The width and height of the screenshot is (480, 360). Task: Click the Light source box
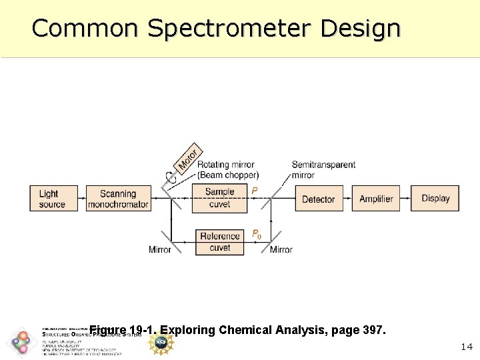point(53,199)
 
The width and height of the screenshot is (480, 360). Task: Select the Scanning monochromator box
point(119,199)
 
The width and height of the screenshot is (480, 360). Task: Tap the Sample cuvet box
point(219,198)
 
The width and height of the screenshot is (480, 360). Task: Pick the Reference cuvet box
point(220,241)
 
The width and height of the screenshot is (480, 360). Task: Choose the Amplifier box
point(376,199)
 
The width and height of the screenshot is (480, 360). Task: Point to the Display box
point(435,199)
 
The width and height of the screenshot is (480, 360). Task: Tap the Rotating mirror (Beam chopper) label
point(227,170)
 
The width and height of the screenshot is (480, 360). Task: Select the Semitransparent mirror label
point(323,170)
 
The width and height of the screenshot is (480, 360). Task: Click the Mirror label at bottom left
point(160,250)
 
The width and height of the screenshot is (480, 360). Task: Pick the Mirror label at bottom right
point(281,250)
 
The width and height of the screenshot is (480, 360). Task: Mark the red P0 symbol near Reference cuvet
point(257,234)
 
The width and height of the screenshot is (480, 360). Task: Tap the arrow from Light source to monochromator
point(82,199)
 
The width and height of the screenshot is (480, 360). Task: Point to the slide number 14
point(467,347)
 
